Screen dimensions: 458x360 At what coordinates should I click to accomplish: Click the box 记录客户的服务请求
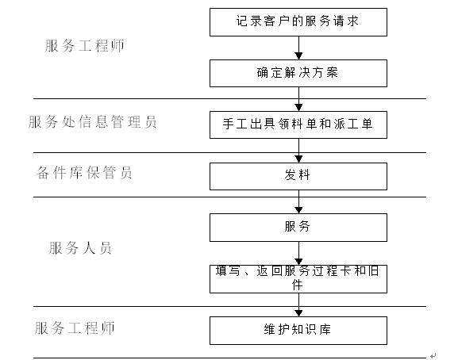(298, 22)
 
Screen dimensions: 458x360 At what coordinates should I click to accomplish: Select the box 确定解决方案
(298, 73)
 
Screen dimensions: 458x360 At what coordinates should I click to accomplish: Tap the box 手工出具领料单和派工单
(298, 124)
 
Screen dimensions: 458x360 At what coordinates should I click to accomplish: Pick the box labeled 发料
(298, 176)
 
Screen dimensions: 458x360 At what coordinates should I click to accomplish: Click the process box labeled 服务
(298, 228)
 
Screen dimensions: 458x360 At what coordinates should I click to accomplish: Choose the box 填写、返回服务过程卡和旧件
(298, 279)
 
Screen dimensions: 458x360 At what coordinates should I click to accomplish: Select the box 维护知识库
(298, 331)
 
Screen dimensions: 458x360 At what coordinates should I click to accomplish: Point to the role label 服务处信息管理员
(93, 121)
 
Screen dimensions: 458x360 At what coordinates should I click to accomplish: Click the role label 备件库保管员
(84, 172)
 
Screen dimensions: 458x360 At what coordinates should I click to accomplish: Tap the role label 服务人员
(80, 248)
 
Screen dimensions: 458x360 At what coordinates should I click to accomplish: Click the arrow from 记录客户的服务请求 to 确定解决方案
(298, 48)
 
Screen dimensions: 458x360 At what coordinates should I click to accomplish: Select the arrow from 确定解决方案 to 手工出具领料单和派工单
(298, 99)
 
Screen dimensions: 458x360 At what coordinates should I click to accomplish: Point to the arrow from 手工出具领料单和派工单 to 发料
(298, 151)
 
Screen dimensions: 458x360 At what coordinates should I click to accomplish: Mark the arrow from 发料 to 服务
(298, 202)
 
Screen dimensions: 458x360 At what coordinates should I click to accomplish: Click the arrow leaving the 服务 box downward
(298, 253)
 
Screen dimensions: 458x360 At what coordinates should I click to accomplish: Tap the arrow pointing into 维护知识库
(298, 304)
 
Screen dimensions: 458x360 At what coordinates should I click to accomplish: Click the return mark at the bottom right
(433, 355)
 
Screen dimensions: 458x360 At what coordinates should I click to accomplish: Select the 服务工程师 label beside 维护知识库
(75, 328)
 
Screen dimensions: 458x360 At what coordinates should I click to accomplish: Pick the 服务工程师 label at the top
(84, 46)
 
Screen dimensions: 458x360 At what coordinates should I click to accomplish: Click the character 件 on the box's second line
(298, 285)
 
